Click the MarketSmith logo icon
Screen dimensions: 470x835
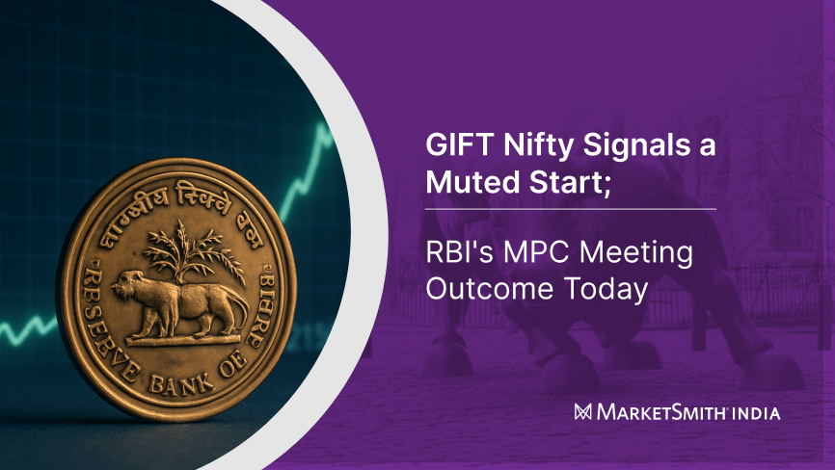click(582, 412)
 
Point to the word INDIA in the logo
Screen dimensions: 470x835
click(755, 412)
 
